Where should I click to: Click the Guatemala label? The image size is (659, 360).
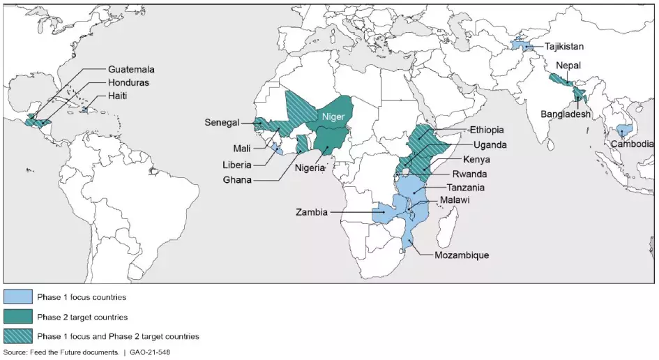click(x=131, y=70)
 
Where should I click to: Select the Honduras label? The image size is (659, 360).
click(x=129, y=83)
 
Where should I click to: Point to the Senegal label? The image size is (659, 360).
click(x=222, y=122)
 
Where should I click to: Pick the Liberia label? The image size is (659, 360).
click(x=237, y=165)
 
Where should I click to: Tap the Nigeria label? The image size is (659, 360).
click(x=308, y=168)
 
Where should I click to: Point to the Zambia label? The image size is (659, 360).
click(x=312, y=212)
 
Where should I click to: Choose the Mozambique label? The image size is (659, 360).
click(x=462, y=255)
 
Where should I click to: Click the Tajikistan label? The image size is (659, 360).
click(x=565, y=47)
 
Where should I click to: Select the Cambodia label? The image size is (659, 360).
click(x=632, y=144)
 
